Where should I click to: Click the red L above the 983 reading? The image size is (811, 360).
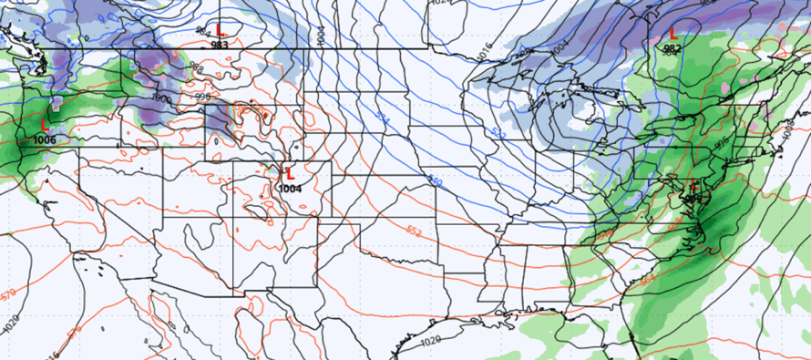(220, 32)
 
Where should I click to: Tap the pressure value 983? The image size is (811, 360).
(220, 44)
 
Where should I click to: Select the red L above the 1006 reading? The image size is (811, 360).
(43, 123)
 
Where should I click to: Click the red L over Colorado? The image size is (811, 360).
(290, 172)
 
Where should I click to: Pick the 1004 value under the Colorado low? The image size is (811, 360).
(291, 188)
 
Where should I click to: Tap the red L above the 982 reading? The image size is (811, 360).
(672, 34)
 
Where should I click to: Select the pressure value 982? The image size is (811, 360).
(672, 48)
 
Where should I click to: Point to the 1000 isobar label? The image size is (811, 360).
(161, 98)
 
